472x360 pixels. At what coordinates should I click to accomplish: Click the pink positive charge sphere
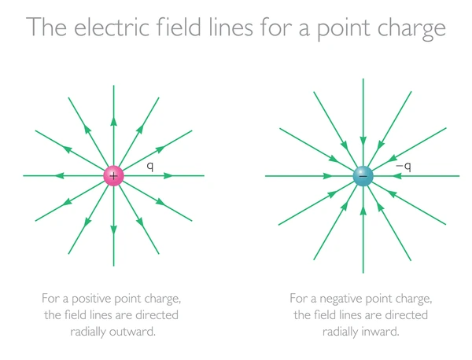click(x=113, y=175)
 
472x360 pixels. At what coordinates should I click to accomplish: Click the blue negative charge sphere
click(x=363, y=176)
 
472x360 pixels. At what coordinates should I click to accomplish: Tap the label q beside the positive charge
click(x=150, y=167)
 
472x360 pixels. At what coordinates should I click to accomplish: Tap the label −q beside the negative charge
click(x=404, y=167)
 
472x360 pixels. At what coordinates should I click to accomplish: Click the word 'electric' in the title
click(x=112, y=28)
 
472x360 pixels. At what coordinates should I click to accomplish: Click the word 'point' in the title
click(x=343, y=28)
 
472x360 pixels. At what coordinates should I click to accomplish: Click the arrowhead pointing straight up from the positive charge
click(x=113, y=121)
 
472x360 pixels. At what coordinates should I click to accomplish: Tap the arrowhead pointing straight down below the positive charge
click(x=113, y=230)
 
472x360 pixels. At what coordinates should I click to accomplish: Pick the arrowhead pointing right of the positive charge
click(x=168, y=175)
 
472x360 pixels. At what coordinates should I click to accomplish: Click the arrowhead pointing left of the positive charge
click(x=60, y=175)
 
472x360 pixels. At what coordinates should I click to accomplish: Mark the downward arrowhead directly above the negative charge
click(x=363, y=141)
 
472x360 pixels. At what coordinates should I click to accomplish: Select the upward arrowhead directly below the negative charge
click(x=363, y=211)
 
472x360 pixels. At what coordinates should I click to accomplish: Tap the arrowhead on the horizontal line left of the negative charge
click(x=328, y=176)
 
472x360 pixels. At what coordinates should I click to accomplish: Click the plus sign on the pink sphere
click(x=113, y=176)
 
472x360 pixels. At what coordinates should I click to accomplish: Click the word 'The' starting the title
click(x=46, y=28)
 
